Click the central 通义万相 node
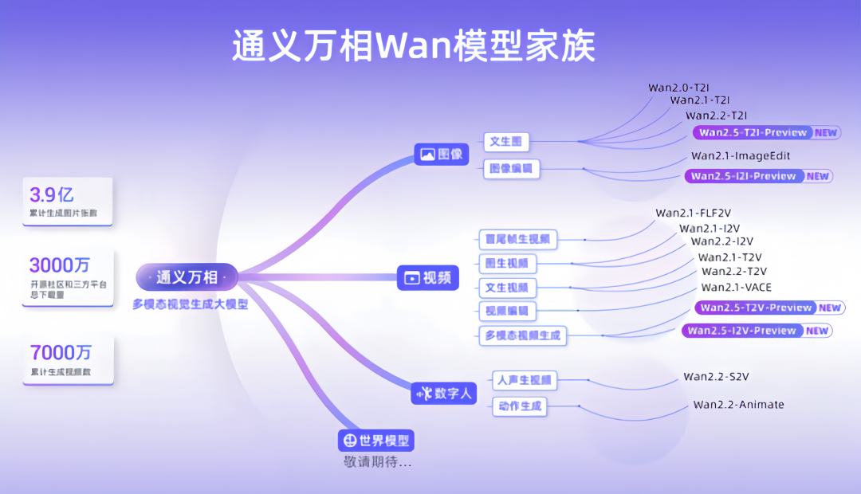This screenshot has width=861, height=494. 187,277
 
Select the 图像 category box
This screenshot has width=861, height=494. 442,155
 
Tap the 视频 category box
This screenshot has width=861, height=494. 429,277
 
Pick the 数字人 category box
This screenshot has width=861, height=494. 444,393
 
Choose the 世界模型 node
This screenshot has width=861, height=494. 377,441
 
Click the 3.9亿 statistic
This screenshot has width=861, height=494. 52,194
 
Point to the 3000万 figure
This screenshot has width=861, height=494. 61,265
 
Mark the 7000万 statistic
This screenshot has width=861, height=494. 61,352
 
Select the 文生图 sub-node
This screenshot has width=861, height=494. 505,142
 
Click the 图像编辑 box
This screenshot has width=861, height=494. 511,169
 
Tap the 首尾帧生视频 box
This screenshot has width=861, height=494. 517,239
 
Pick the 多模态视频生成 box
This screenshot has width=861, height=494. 522,335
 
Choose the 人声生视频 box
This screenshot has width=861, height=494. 523,380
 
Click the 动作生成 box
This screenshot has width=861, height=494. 519,407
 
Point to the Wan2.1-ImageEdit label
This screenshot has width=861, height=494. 741,155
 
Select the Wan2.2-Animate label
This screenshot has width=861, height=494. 738,405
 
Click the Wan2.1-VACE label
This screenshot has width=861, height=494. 736,288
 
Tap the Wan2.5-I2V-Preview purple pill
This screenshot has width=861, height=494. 741,331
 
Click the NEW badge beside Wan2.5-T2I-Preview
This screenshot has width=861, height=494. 826,133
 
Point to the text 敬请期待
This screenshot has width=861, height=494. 378,462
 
